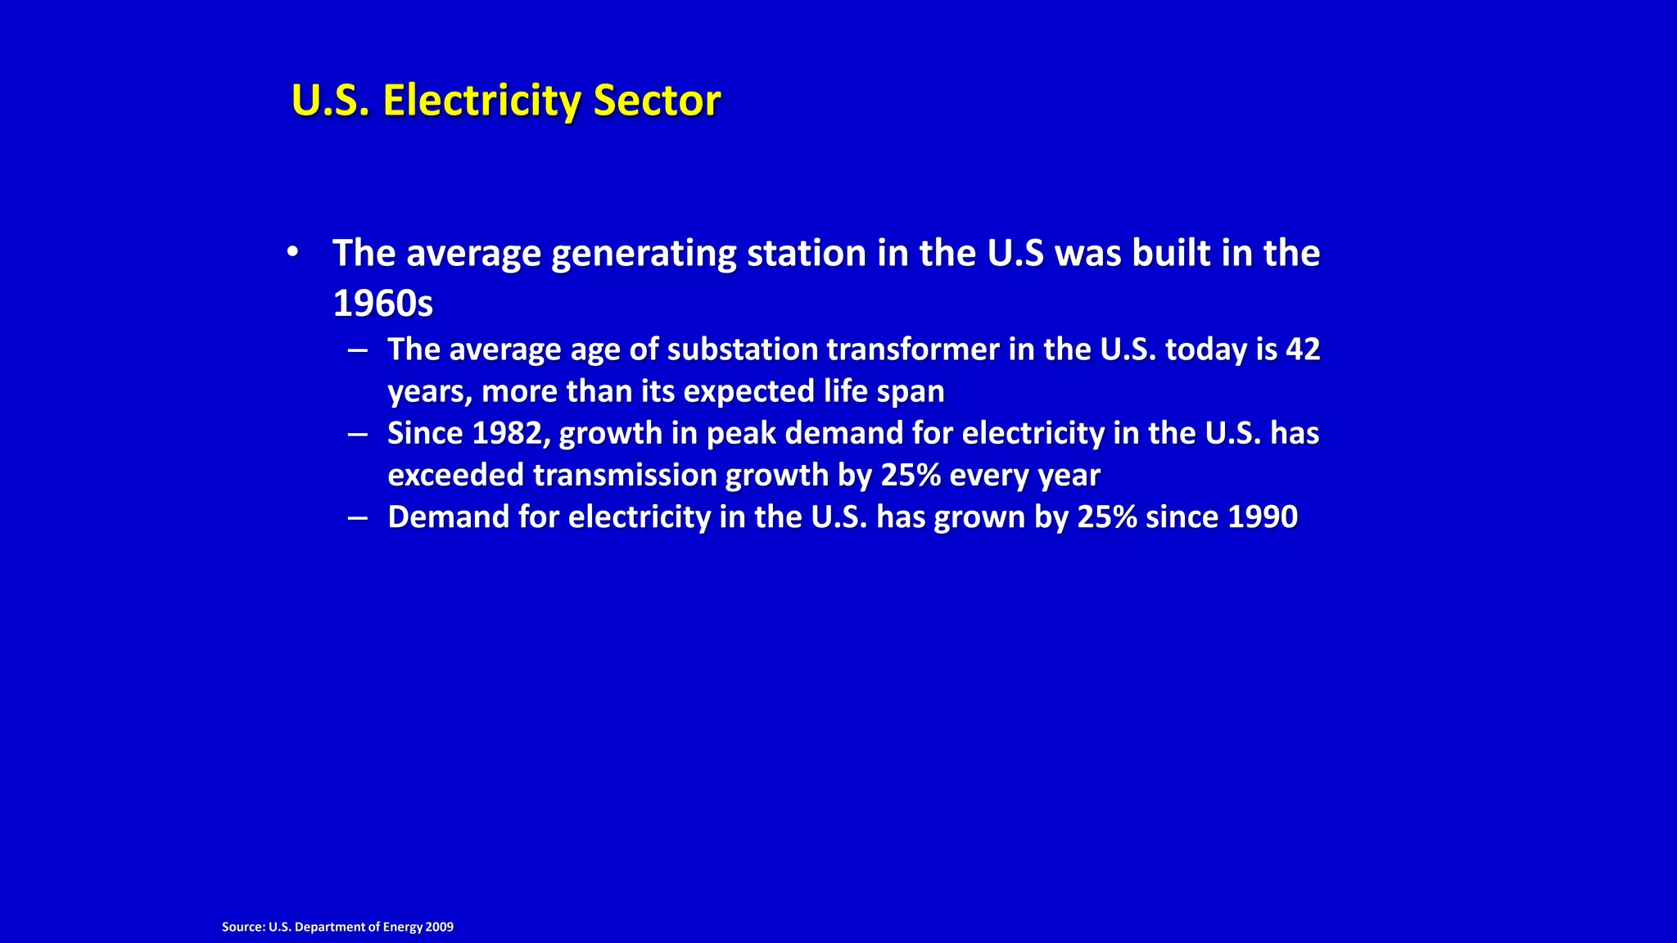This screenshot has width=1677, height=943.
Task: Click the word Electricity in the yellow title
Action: click(481, 102)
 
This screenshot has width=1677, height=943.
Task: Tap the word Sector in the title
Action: click(657, 102)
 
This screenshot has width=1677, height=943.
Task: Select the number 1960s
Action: click(382, 304)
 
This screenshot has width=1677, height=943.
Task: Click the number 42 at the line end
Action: click(1303, 350)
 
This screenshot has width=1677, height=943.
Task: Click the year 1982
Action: click(507, 434)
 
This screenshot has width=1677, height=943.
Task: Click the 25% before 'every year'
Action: click(910, 476)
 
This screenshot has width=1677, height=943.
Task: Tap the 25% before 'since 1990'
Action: click(1106, 517)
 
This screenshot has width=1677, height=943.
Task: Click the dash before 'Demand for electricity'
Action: click(357, 517)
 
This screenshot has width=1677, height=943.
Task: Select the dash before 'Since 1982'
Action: click(357, 434)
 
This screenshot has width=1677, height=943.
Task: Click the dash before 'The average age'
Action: click(357, 350)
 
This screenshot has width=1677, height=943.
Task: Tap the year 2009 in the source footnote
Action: click(440, 927)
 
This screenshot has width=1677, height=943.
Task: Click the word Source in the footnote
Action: click(242, 927)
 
